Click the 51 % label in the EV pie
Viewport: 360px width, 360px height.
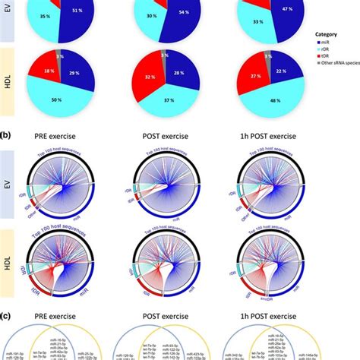[x=77, y=12]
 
